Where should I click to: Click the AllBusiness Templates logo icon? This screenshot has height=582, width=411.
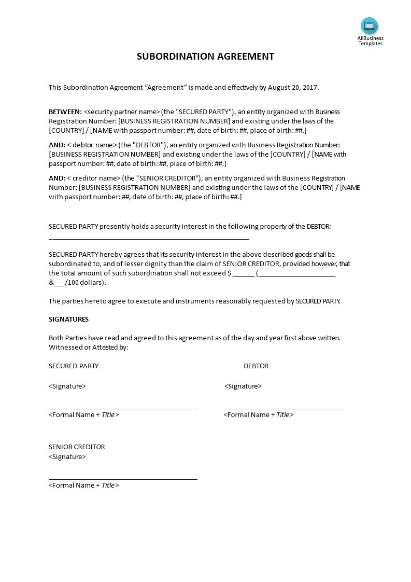[370, 26]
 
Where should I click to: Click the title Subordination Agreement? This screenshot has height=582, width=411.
[205, 57]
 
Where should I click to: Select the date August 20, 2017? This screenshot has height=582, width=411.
[292, 88]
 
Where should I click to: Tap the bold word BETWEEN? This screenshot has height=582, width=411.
[65, 112]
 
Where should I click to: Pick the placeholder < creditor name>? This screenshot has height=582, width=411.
[94, 178]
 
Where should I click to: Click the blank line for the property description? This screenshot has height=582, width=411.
[149, 239]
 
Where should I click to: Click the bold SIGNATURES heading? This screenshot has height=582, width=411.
[68, 320]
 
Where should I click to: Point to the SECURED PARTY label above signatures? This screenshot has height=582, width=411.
[74, 366]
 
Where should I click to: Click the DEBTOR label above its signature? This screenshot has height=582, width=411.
[256, 366]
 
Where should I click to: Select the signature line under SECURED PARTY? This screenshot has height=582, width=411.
[123, 408]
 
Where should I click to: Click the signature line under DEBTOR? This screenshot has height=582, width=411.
[284, 408]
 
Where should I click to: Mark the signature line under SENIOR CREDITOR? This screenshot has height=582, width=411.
[123, 479]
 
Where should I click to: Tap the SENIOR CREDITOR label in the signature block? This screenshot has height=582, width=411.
[77, 447]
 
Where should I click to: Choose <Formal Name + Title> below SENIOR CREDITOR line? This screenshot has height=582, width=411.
[84, 486]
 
